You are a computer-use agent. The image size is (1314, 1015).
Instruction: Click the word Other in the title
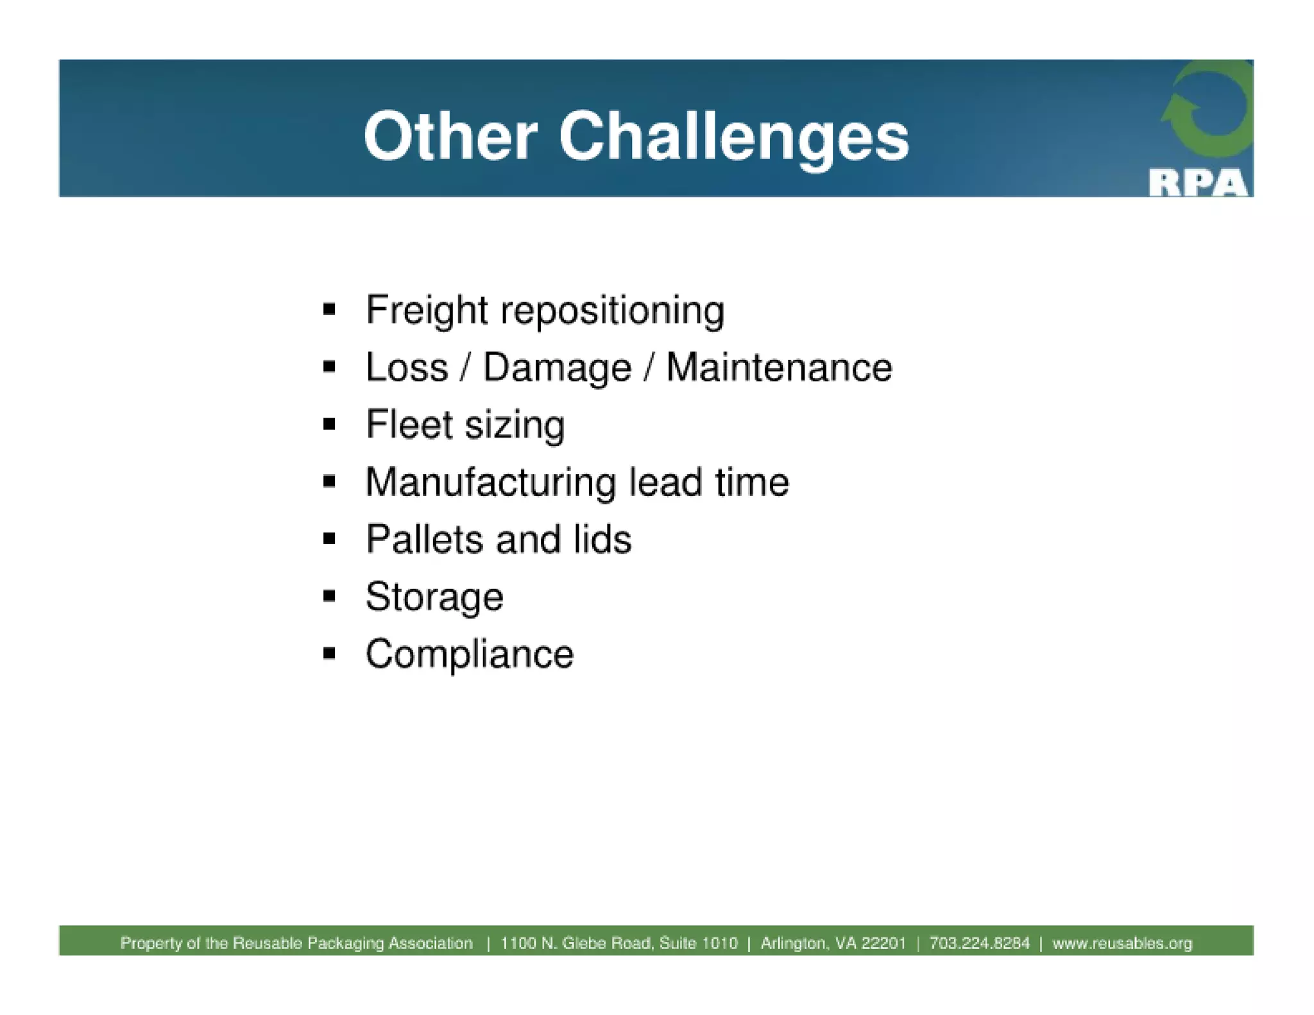[x=450, y=137]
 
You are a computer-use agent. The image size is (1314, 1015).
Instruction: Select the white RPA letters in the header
[x=1198, y=183]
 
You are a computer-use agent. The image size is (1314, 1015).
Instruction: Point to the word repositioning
[x=612, y=312]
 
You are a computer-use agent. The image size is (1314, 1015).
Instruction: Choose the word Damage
[x=557, y=368]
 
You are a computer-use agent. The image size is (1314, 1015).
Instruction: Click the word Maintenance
[x=779, y=368]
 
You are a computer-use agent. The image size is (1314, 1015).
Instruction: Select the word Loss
[x=407, y=368]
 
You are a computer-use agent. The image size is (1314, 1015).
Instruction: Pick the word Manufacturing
[x=491, y=482]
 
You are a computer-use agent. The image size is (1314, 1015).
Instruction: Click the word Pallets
[x=424, y=539]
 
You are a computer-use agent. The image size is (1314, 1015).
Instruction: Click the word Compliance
[x=470, y=654]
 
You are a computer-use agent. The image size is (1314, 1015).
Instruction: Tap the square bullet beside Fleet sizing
[x=330, y=424]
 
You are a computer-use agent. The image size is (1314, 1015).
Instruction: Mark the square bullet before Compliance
[x=330, y=654]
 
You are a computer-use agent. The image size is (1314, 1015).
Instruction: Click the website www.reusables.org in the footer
[x=1122, y=943]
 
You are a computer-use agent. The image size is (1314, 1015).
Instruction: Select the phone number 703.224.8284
[x=979, y=943]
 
